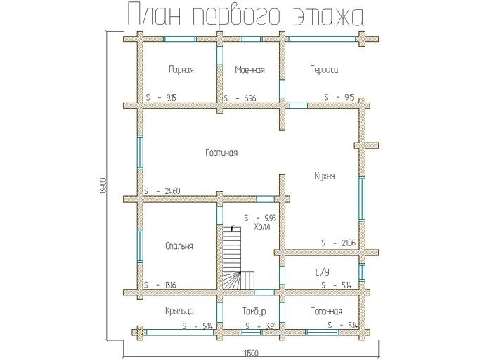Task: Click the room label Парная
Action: click(181, 70)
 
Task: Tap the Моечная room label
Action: click(249, 70)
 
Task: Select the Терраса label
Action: click(324, 70)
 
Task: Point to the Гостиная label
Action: click(221, 153)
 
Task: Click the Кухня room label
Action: click(325, 176)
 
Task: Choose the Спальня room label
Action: click(179, 245)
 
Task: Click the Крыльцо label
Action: click(180, 310)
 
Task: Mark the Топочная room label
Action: click(326, 310)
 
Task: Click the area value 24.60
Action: click(171, 191)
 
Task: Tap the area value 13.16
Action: click(169, 285)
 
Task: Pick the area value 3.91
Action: click(270, 326)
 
